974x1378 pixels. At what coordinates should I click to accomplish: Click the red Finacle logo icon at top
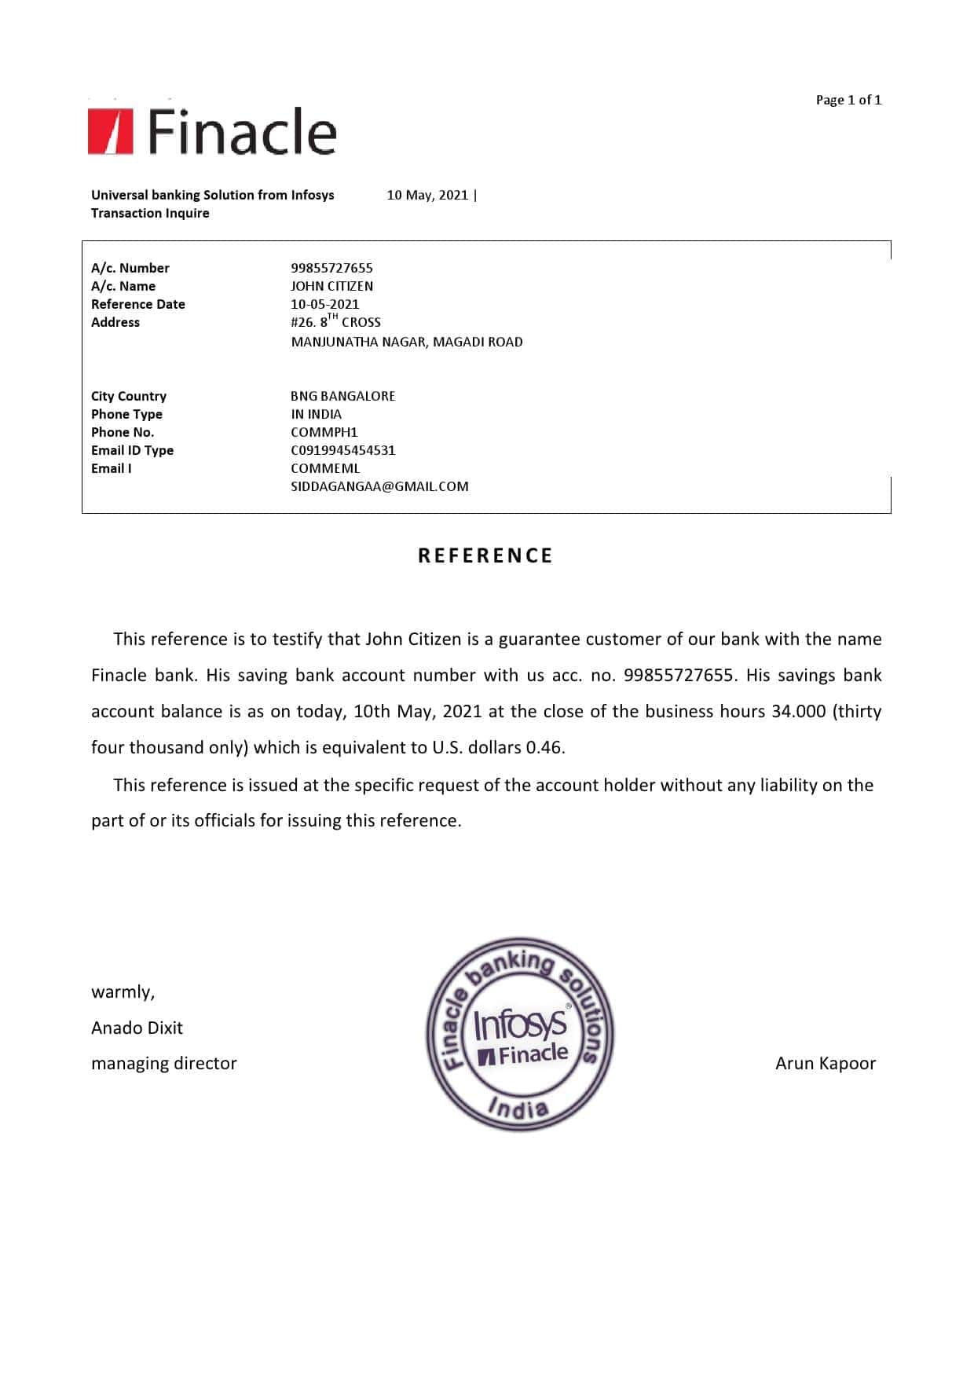pos(110,131)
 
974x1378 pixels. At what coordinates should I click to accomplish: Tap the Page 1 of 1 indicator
pos(848,100)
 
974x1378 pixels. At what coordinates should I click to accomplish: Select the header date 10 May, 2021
pos(427,195)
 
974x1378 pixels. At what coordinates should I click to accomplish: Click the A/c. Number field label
pos(130,268)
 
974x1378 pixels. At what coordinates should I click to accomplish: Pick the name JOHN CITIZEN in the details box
pos(331,286)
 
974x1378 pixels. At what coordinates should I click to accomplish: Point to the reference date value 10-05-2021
pos(324,304)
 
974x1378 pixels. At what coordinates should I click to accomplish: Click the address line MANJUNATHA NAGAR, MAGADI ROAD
pos(406,342)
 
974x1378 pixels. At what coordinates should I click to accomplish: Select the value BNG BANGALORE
pos(342,396)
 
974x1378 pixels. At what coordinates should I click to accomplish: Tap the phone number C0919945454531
pos(342,450)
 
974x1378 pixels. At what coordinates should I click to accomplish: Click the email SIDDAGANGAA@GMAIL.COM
pos(379,486)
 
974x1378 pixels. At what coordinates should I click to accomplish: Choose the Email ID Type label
pos(132,450)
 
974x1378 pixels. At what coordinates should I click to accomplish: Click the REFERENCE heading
pos(485,555)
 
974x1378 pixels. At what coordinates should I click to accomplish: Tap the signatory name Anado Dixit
pos(137,1028)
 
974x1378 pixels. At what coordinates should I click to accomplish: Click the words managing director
pos(163,1063)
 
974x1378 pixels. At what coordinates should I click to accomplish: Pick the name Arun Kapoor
pos(825,1063)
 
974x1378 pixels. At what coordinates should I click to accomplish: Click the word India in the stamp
pos(518,1109)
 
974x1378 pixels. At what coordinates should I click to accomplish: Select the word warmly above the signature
pos(123,991)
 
